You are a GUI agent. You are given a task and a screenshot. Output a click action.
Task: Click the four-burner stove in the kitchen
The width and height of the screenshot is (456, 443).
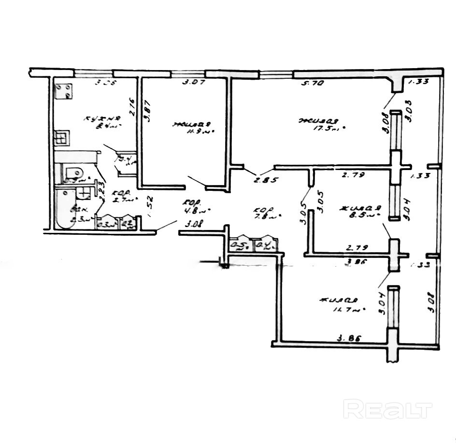tap(64, 91)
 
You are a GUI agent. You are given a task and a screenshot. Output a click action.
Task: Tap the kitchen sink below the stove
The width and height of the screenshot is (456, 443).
tap(63, 139)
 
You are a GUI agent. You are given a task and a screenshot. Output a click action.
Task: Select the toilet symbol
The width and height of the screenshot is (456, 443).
tap(72, 173)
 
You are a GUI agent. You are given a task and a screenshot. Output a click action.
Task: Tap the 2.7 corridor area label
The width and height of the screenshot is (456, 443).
tap(118, 199)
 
